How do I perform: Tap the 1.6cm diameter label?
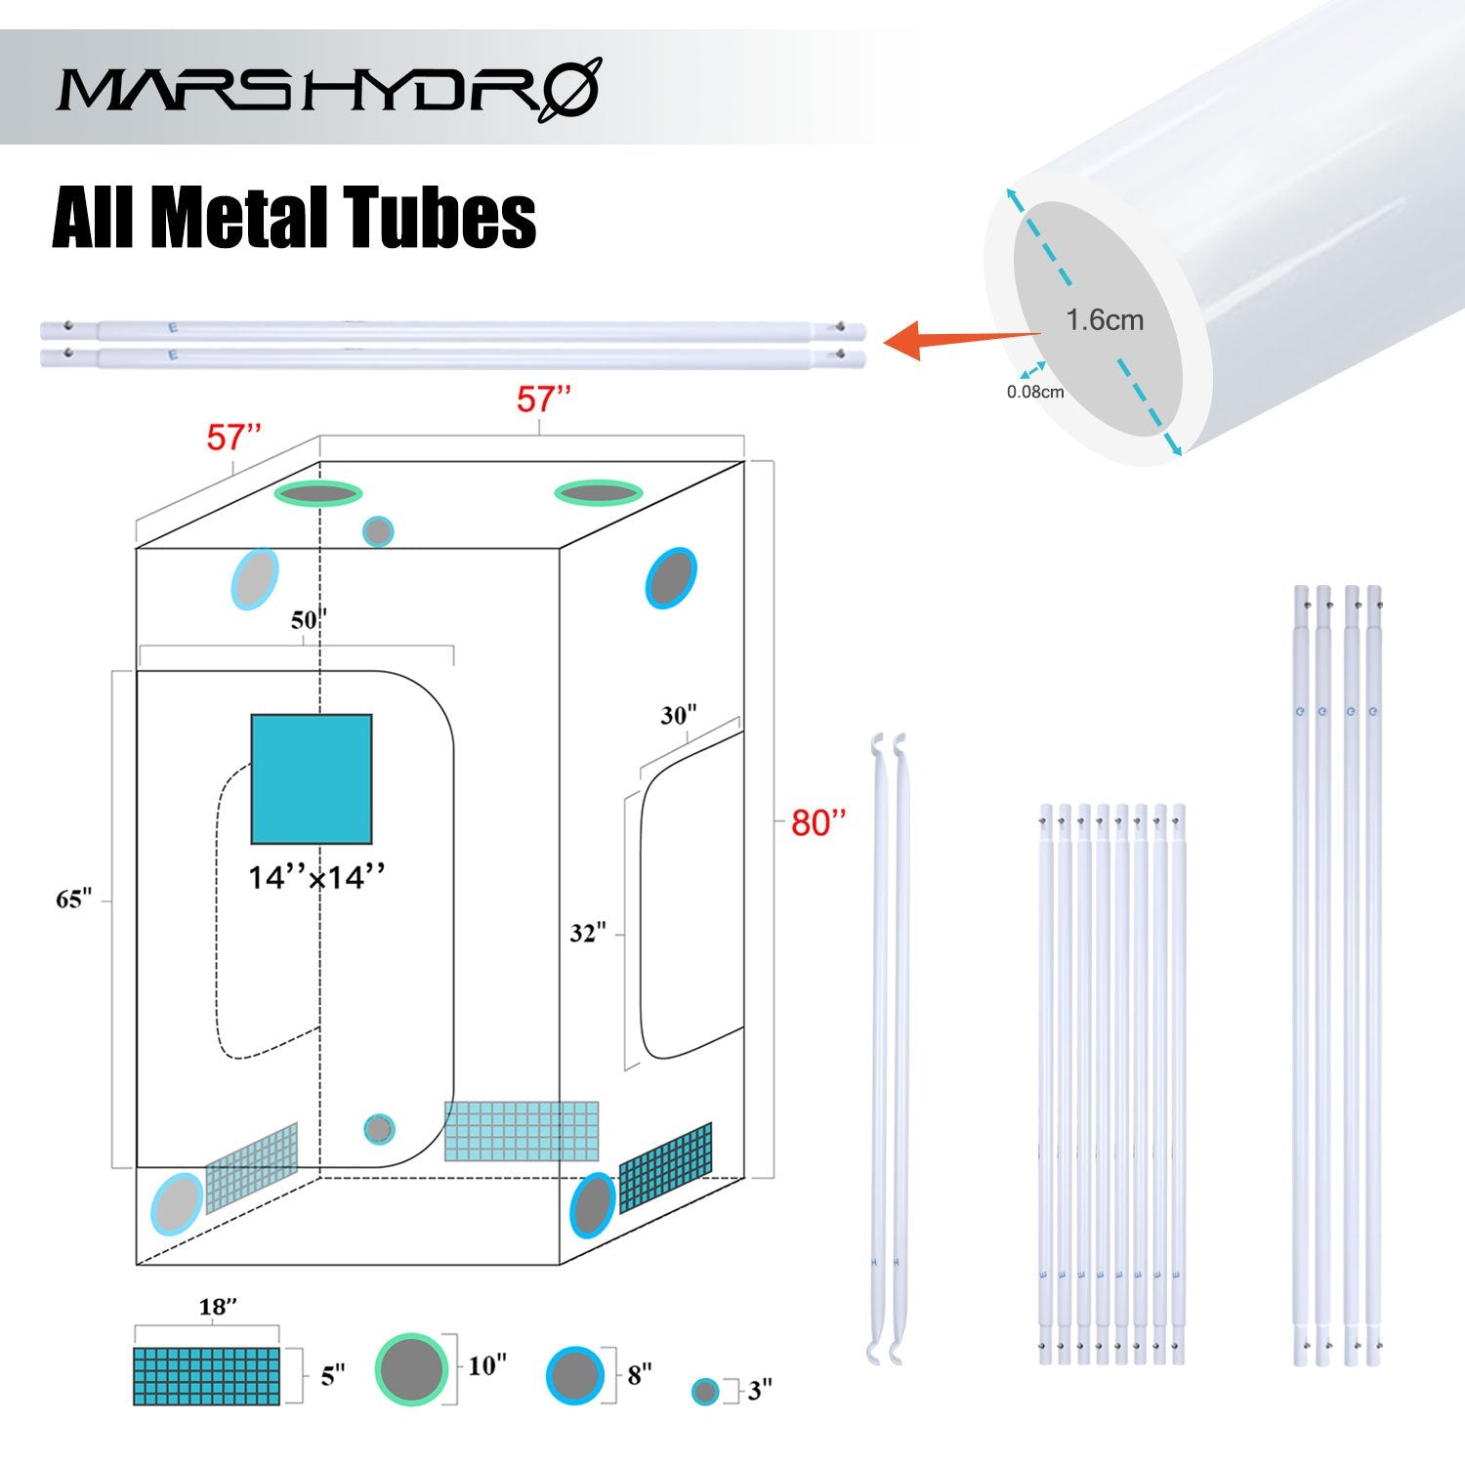1104,320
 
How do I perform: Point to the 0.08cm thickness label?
1035,393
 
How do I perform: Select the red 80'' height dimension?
817,823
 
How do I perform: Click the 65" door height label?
73,900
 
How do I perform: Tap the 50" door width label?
309,619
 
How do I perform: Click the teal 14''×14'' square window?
312,778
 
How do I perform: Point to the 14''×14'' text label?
316,878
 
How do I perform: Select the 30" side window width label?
678,716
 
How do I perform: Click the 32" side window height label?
588,934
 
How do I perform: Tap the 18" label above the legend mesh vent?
218,1307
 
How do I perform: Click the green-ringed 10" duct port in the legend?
411,1369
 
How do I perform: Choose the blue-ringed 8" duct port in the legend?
574,1375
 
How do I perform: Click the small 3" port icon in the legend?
704,1392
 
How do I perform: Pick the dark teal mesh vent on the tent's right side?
665,1168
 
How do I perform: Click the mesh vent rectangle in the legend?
206,1376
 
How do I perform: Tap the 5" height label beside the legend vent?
333,1376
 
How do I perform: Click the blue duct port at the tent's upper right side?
670,578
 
